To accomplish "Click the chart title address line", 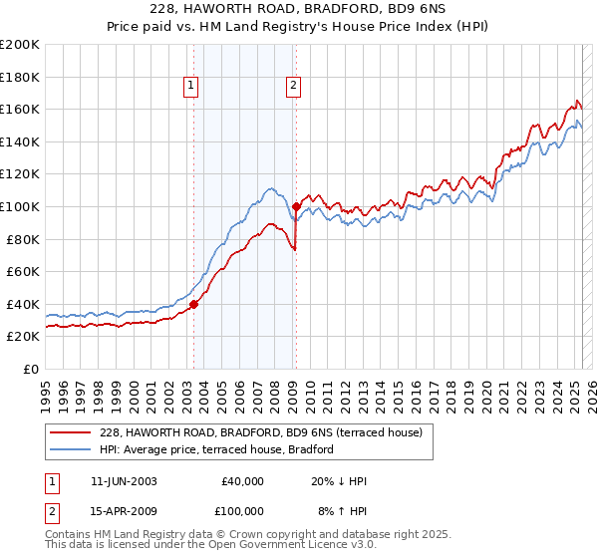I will click(298, 11).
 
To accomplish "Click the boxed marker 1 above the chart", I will click(189, 87).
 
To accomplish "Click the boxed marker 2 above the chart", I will click(294, 87).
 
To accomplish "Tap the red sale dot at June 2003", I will click(193, 305).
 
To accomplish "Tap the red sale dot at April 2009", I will click(296, 207).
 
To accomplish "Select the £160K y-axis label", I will click(20, 109).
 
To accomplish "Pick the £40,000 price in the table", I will click(242, 481).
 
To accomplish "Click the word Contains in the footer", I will click(69, 536).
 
